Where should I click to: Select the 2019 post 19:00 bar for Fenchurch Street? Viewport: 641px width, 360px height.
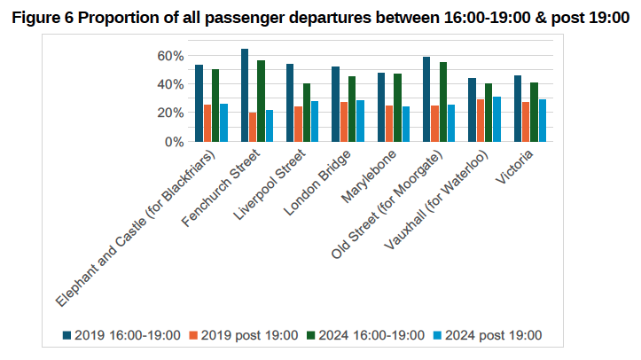click(x=253, y=127)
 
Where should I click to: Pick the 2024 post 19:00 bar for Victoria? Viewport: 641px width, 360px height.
click(x=543, y=121)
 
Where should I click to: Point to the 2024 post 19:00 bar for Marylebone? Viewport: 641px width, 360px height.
click(x=406, y=124)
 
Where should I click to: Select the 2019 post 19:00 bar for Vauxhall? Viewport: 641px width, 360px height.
click(x=481, y=121)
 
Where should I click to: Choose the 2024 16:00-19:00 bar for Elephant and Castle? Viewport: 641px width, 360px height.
click(x=215, y=106)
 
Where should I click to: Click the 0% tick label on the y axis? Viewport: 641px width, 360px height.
click(x=175, y=142)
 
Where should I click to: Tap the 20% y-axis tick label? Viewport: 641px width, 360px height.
click(x=171, y=113)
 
